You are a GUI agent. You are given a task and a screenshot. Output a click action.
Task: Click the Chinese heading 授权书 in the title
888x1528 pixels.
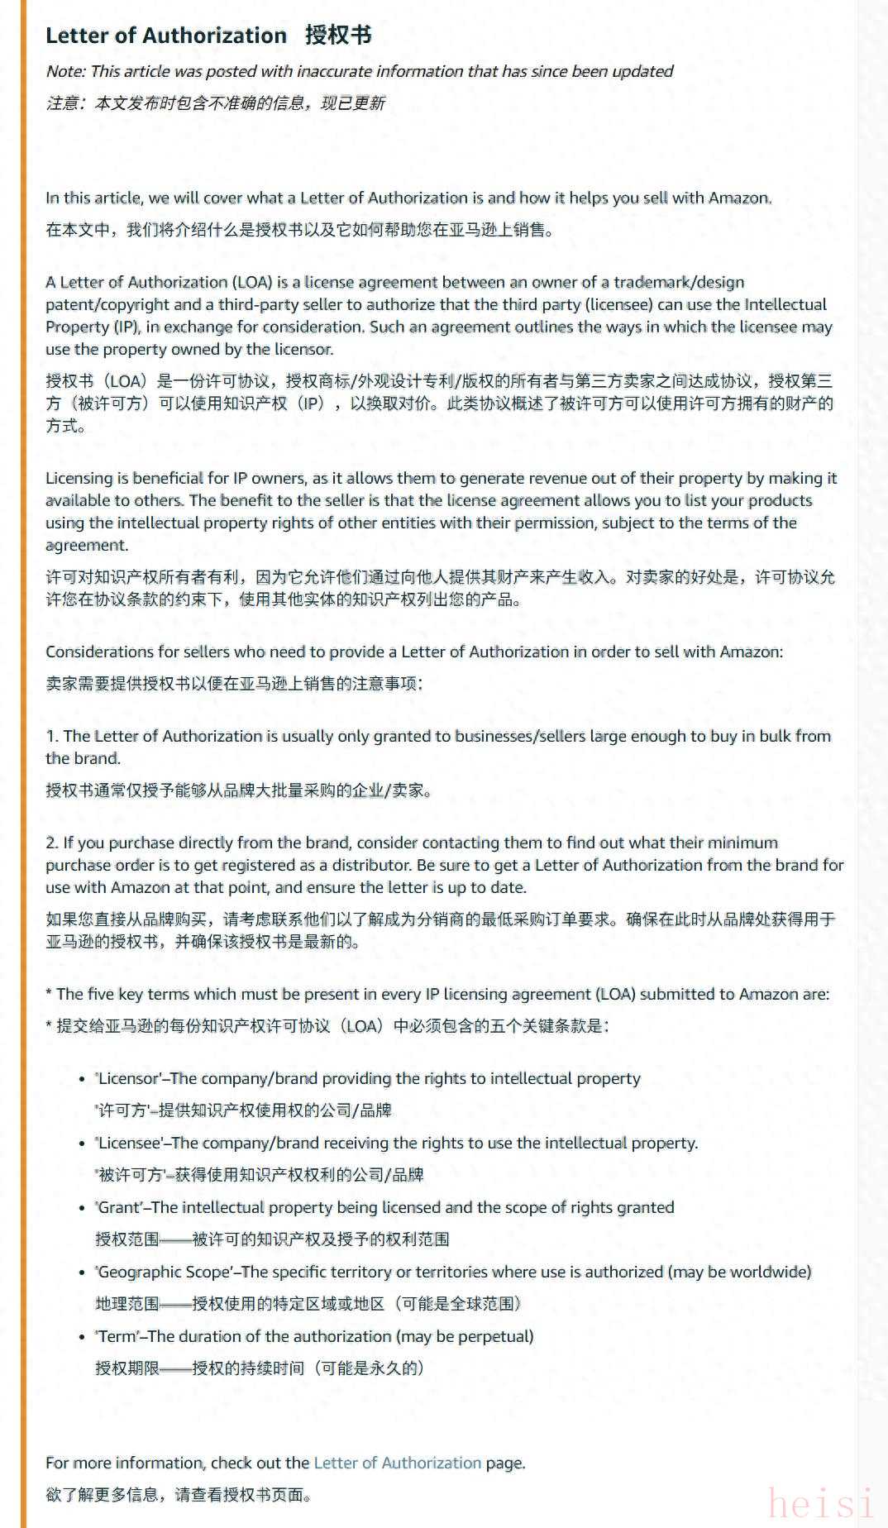338,35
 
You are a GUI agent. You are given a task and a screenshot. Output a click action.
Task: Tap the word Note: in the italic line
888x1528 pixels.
65,71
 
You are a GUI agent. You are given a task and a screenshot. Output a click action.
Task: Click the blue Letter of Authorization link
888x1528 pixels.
397,1462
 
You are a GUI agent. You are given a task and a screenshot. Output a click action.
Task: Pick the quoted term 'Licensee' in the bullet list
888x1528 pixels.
130,1143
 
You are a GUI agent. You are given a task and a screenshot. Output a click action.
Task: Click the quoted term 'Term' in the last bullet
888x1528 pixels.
118,1336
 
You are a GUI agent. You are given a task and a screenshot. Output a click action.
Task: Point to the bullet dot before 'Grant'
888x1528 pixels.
82,1208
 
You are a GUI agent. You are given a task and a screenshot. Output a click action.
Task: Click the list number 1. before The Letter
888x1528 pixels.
52,736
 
